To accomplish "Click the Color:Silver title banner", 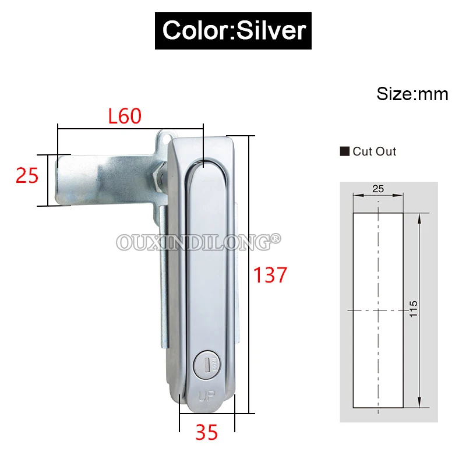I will click(234, 29).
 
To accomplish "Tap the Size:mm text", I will click(412, 94).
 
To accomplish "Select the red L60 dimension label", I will click(125, 116).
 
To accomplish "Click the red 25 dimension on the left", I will click(27, 175).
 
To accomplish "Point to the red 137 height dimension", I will click(270, 274).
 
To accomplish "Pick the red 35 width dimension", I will click(207, 432).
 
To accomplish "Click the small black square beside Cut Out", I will click(344, 151).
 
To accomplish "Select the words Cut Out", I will click(374, 151).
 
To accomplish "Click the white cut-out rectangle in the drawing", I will click(377, 309).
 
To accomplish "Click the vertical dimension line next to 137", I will click(252, 273).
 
